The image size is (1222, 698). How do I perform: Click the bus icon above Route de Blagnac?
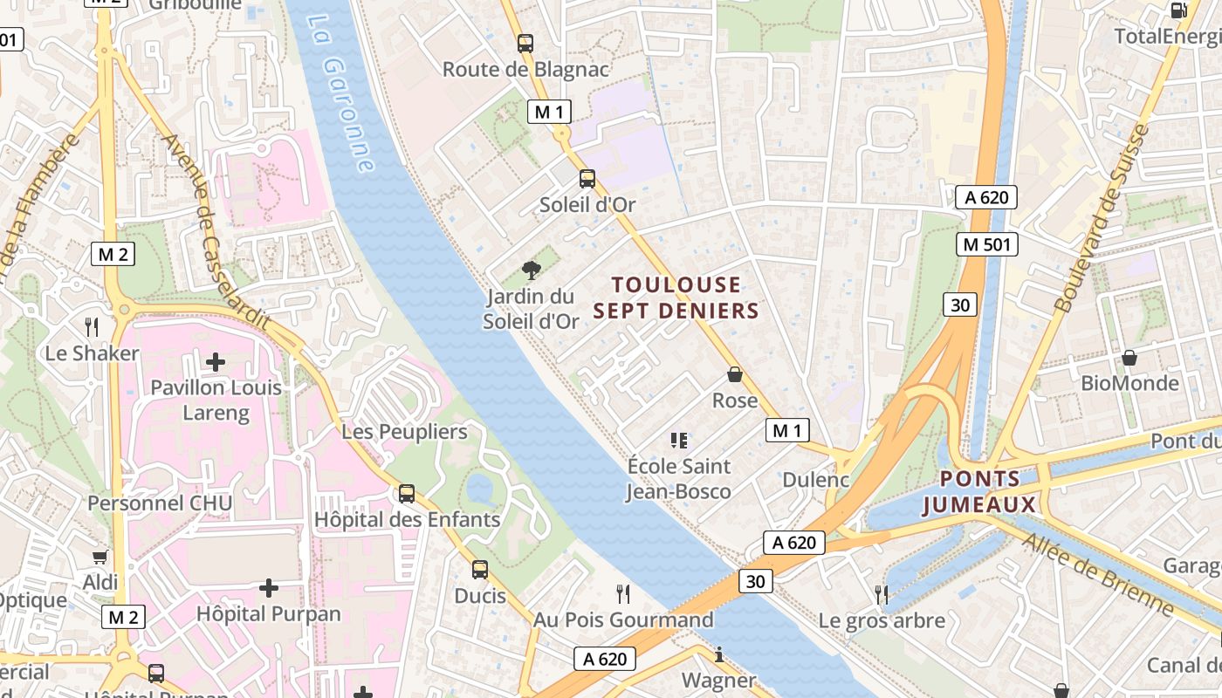click(525, 43)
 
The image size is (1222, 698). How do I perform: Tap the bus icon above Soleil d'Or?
click(587, 179)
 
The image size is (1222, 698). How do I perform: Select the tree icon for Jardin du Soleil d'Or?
click(531, 270)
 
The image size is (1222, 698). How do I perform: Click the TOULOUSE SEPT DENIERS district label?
click(676, 298)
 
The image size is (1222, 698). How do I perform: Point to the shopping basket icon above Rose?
click(735, 374)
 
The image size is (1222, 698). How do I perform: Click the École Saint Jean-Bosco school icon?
click(679, 440)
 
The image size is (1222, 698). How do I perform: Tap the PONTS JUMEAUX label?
click(979, 491)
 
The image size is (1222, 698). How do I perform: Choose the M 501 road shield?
click(987, 244)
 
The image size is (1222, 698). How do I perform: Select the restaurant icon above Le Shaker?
click(92, 327)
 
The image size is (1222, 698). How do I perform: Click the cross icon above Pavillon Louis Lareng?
click(216, 361)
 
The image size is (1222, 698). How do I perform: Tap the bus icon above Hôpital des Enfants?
click(407, 494)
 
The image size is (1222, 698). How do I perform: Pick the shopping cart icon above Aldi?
click(100, 557)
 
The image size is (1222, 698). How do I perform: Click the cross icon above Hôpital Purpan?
click(269, 587)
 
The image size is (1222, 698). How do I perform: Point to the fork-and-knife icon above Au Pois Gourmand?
click(623, 594)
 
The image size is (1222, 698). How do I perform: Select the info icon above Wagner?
click(718, 654)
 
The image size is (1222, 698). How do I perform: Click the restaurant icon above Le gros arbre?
click(882, 595)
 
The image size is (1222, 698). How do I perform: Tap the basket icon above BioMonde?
click(1129, 358)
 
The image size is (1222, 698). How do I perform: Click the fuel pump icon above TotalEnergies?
click(1178, 10)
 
